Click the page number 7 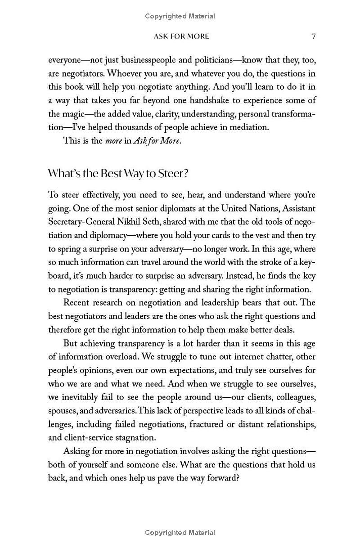[314, 36]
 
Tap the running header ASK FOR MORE [181, 36]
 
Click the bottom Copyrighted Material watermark [180, 532]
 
